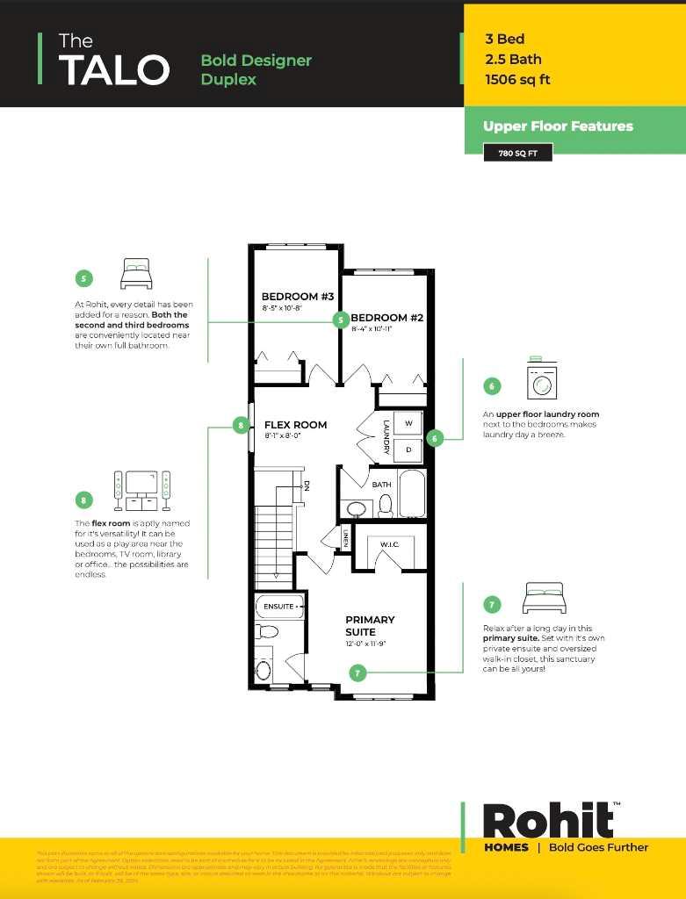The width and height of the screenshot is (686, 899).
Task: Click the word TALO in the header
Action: point(113,69)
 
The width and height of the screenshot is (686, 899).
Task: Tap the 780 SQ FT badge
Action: point(517,153)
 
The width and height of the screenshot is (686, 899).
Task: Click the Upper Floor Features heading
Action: point(558,126)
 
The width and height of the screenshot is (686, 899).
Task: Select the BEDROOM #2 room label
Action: point(387,318)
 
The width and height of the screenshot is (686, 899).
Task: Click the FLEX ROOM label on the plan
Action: point(295,425)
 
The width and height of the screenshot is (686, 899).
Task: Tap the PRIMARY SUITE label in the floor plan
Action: point(370,626)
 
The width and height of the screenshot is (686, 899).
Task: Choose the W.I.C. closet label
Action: point(390,544)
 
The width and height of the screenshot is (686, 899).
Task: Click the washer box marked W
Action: point(408,423)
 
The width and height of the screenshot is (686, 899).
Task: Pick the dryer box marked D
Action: point(408,450)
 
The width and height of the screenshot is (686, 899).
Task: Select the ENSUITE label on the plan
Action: point(279,607)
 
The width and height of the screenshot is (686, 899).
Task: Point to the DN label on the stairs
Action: point(306,485)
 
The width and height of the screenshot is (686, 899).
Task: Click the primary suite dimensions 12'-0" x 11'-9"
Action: point(370,644)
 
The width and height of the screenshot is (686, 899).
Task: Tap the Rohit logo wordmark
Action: point(548,820)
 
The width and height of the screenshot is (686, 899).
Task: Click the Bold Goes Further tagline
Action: point(598,847)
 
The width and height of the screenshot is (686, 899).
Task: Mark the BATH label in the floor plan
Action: point(381,485)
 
